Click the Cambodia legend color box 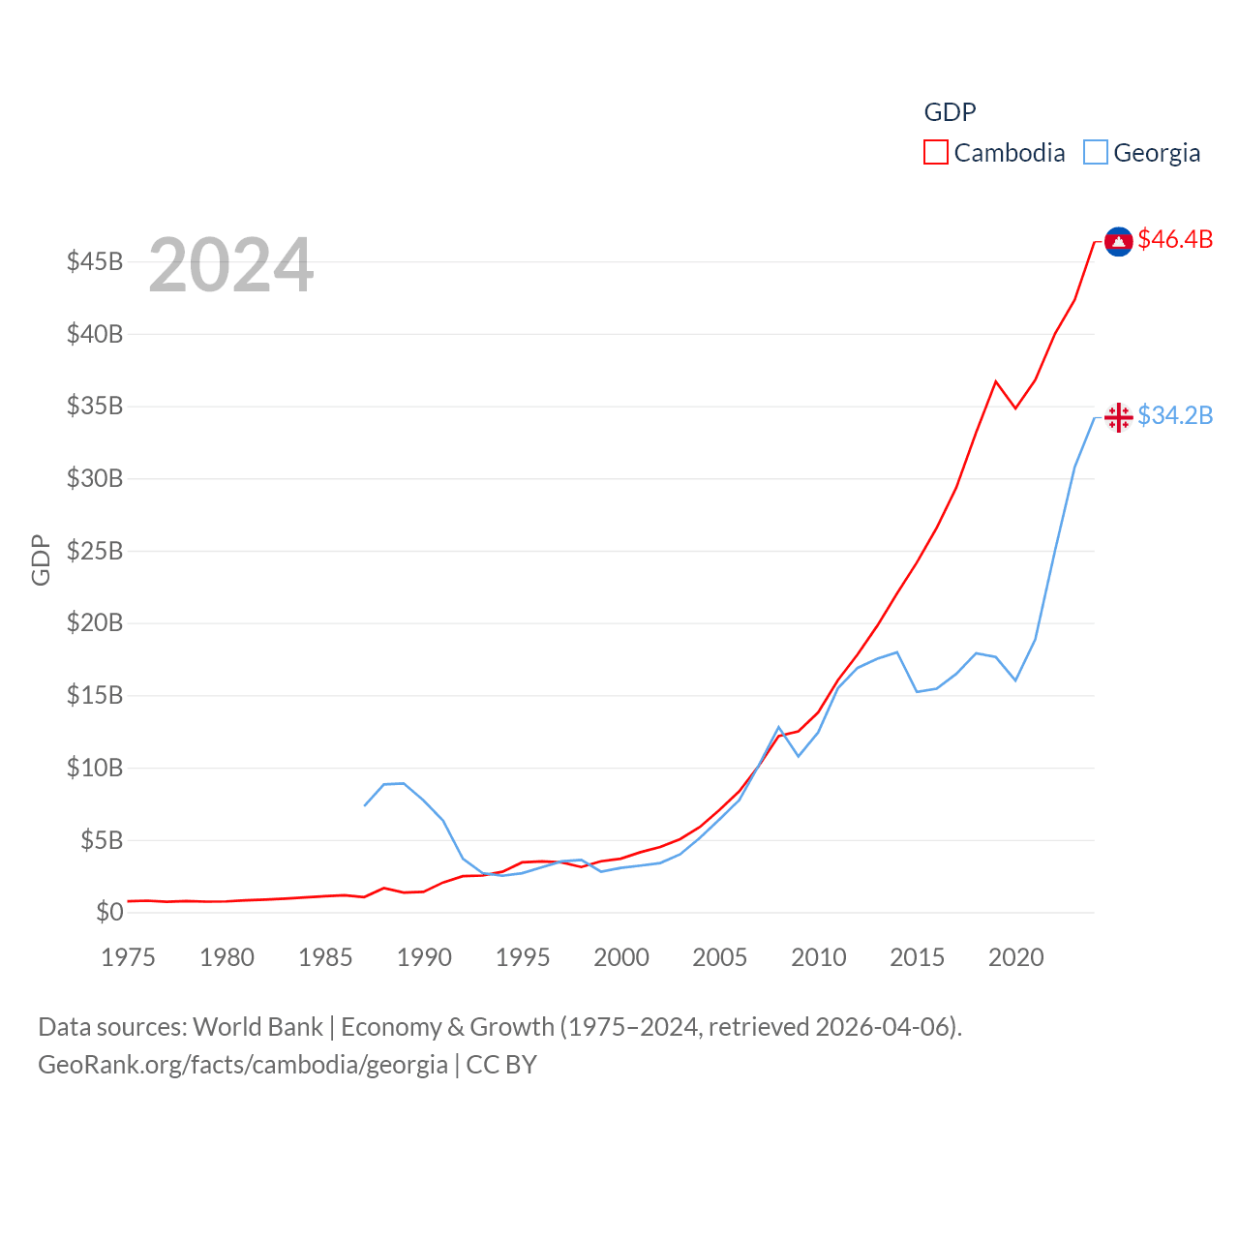935,153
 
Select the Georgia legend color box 1095,153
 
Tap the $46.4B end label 1175,239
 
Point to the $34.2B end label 1175,415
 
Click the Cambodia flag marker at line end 1119,241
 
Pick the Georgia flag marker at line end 1119,417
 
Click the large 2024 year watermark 230,265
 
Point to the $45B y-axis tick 95,261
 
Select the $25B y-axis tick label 95,551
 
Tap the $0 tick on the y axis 109,912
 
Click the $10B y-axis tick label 95,768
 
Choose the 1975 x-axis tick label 128,957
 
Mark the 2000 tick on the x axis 621,957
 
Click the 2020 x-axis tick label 1015,957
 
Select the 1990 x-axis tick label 424,957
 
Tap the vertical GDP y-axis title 41,559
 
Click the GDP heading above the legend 950,112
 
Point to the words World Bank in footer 257,1026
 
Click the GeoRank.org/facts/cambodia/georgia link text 243,1065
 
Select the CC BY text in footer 501,1065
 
